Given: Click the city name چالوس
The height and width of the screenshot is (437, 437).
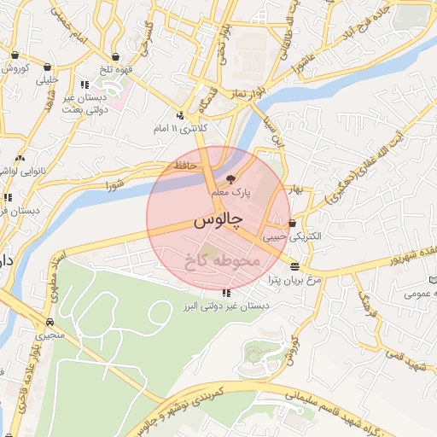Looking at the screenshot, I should [x=213, y=221].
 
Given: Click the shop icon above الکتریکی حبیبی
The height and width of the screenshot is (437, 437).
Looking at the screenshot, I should [x=294, y=224].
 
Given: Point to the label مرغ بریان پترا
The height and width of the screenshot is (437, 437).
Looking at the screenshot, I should [x=294, y=279].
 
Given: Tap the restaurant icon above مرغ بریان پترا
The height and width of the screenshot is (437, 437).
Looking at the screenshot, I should [x=294, y=267].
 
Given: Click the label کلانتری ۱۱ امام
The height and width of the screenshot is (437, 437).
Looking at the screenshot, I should [x=180, y=128].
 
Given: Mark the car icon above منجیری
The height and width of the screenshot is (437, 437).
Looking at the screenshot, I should [x=50, y=323].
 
